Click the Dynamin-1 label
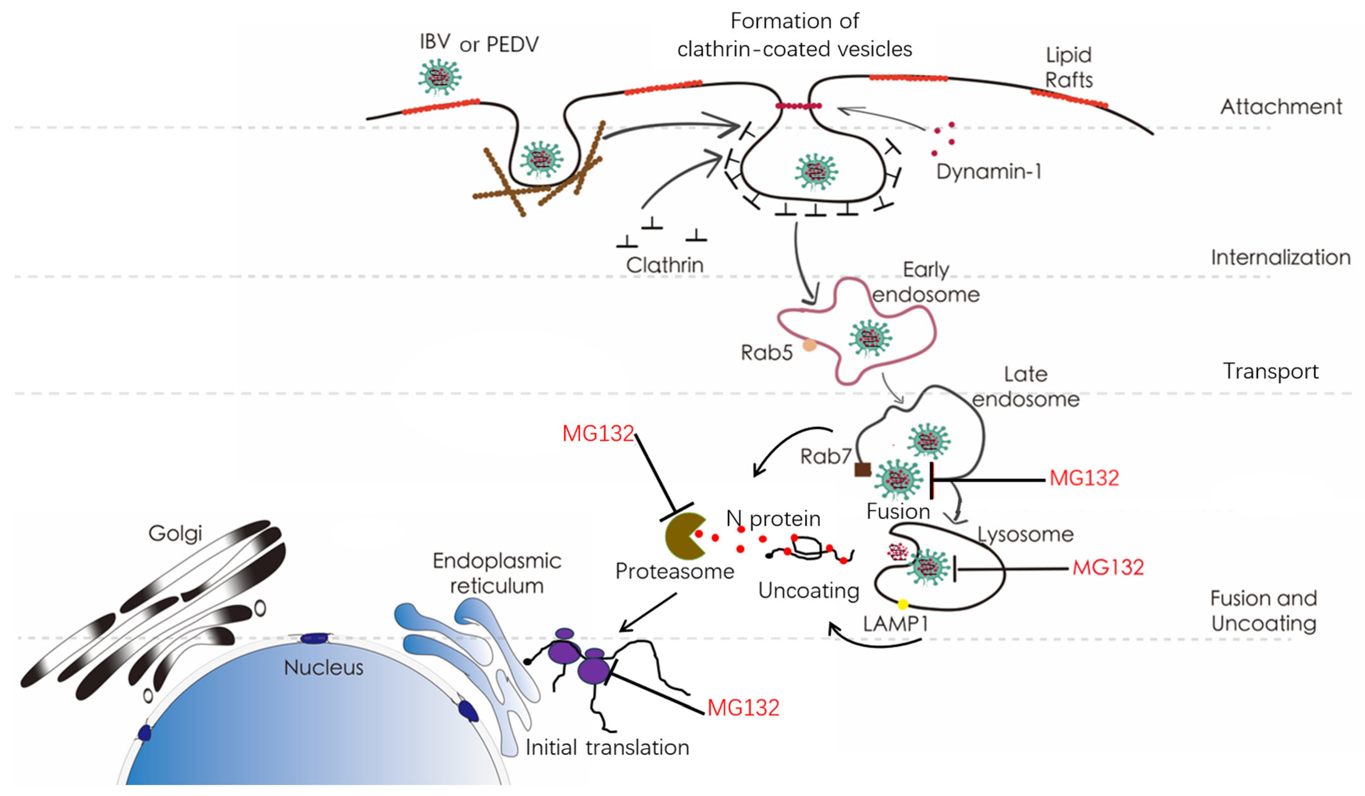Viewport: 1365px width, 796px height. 989,172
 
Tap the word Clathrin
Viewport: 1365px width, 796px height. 665,265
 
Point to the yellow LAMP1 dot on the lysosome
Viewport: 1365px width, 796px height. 902,604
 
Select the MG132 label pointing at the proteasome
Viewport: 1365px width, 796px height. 598,434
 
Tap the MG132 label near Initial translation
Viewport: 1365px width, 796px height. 743,708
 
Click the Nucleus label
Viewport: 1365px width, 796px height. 323,668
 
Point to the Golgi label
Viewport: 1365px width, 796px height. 175,533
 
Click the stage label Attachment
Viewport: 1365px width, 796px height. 1281,107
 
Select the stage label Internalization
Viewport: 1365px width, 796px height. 1281,257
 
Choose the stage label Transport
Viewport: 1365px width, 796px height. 1270,371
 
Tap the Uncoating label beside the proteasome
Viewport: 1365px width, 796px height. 808,591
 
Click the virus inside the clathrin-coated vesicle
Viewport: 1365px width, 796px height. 816,171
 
